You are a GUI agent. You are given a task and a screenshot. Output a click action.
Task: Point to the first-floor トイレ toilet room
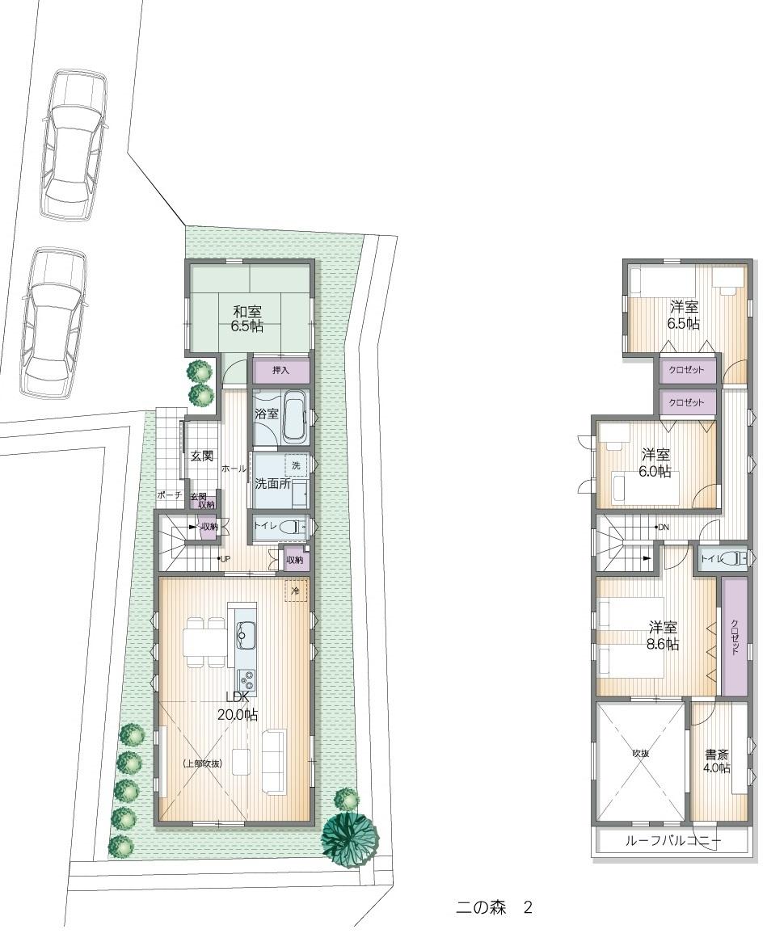(x=278, y=525)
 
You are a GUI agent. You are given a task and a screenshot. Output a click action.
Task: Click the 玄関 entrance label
(x=202, y=456)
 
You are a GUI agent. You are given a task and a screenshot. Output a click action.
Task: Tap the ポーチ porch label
(x=170, y=494)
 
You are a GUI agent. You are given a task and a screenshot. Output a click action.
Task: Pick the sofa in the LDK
(x=272, y=760)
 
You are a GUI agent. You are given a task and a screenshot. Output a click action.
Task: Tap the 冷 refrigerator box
(x=295, y=591)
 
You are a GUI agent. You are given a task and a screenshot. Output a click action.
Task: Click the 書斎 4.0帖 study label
(x=717, y=761)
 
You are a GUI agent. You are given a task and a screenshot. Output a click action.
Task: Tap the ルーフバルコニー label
(x=672, y=841)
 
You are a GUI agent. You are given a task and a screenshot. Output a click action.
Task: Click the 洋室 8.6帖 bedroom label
(x=664, y=635)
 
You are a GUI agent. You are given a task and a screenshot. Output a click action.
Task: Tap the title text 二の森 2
(x=493, y=907)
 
